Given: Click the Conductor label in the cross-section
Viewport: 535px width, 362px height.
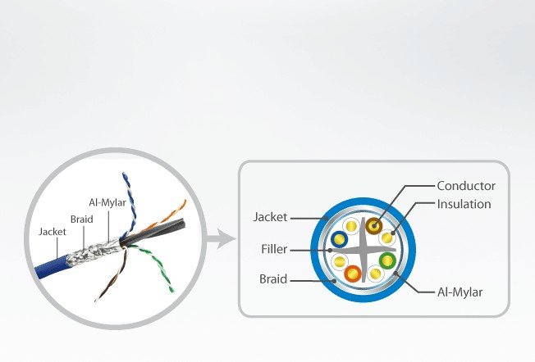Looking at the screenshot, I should [x=465, y=186].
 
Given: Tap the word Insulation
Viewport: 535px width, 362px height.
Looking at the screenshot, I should [x=464, y=204].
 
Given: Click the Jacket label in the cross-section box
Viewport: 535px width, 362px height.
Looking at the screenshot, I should [x=270, y=217].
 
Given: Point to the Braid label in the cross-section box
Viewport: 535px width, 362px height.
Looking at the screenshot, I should [x=272, y=278].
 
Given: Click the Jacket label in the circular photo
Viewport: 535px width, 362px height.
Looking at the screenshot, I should [x=52, y=232].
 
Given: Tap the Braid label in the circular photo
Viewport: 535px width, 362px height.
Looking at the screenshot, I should [x=81, y=219].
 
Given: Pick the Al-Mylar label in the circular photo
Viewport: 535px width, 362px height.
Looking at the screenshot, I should [x=107, y=201].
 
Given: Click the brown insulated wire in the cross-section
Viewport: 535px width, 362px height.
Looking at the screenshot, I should [x=376, y=225].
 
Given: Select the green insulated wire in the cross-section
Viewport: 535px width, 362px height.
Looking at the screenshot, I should [x=386, y=263].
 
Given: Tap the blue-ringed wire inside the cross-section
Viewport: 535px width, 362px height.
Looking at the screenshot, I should [x=338, y=240].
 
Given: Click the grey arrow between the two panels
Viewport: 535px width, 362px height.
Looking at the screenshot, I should [x=215, y=240].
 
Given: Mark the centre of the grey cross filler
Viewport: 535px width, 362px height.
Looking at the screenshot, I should [x=363, y=249].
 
